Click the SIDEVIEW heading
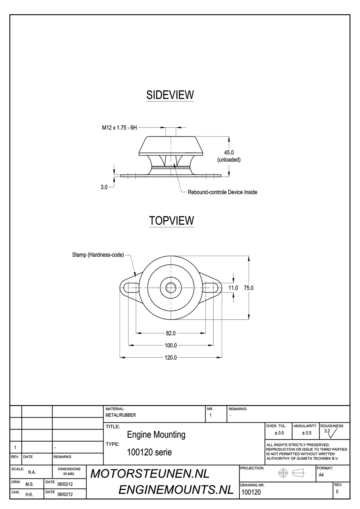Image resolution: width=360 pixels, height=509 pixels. point(170,95)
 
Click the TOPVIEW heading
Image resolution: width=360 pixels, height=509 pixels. point(172,220)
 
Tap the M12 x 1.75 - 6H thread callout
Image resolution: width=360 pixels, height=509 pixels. point(119,128)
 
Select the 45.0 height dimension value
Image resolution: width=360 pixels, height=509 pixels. point(229,153)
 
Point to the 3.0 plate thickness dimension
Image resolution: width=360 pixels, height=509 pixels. point(104,187)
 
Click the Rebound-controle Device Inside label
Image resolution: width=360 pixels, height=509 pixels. point(222,192)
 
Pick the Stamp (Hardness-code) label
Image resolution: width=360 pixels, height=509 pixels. point(98,255)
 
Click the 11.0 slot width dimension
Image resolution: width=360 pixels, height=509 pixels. point(233,288)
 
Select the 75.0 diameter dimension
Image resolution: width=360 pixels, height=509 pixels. point(249,288)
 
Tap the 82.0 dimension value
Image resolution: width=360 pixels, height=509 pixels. point(171,333)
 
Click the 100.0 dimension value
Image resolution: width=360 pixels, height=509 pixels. point(171,346)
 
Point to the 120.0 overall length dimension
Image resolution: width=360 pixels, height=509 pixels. point(171,358)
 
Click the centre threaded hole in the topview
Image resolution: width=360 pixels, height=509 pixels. point(171,288)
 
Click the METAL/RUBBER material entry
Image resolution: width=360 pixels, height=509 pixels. point(121,415)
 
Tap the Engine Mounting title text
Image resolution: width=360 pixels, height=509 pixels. point(156,434)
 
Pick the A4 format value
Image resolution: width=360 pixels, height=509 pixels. point(321,475)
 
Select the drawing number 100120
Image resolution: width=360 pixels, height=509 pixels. point(251,493)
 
